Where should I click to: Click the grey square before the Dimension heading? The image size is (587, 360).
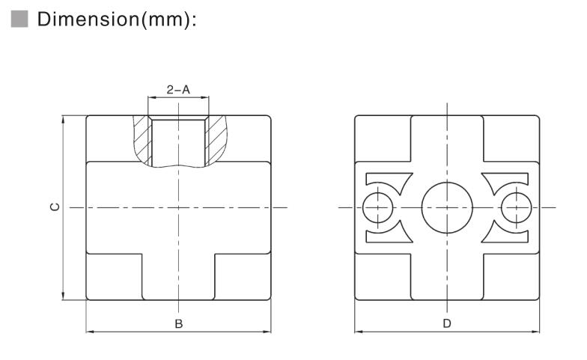[19, 19]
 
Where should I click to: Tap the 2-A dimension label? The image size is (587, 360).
[178, 90]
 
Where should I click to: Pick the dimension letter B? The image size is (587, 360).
[178, 323]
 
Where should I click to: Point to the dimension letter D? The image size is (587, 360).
[447, 323]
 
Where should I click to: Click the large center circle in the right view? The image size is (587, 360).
[447, 207]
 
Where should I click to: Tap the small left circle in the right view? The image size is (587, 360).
[377, 207]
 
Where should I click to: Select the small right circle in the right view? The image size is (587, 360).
[516, 207]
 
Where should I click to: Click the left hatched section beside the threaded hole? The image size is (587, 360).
[139, 138]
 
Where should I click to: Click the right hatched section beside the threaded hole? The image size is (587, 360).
[217, 138]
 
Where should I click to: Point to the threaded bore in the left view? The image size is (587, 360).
[178, 141]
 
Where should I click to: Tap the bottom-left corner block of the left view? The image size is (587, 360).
[114, 277]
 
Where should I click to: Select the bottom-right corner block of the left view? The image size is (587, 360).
[243, 277]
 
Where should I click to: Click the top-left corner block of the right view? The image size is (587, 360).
[382, 138]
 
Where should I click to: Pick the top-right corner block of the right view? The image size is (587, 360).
[511, 138]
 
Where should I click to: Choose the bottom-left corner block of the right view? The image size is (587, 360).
[382, 277]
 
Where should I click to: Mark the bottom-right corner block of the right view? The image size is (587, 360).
[511, 277]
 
